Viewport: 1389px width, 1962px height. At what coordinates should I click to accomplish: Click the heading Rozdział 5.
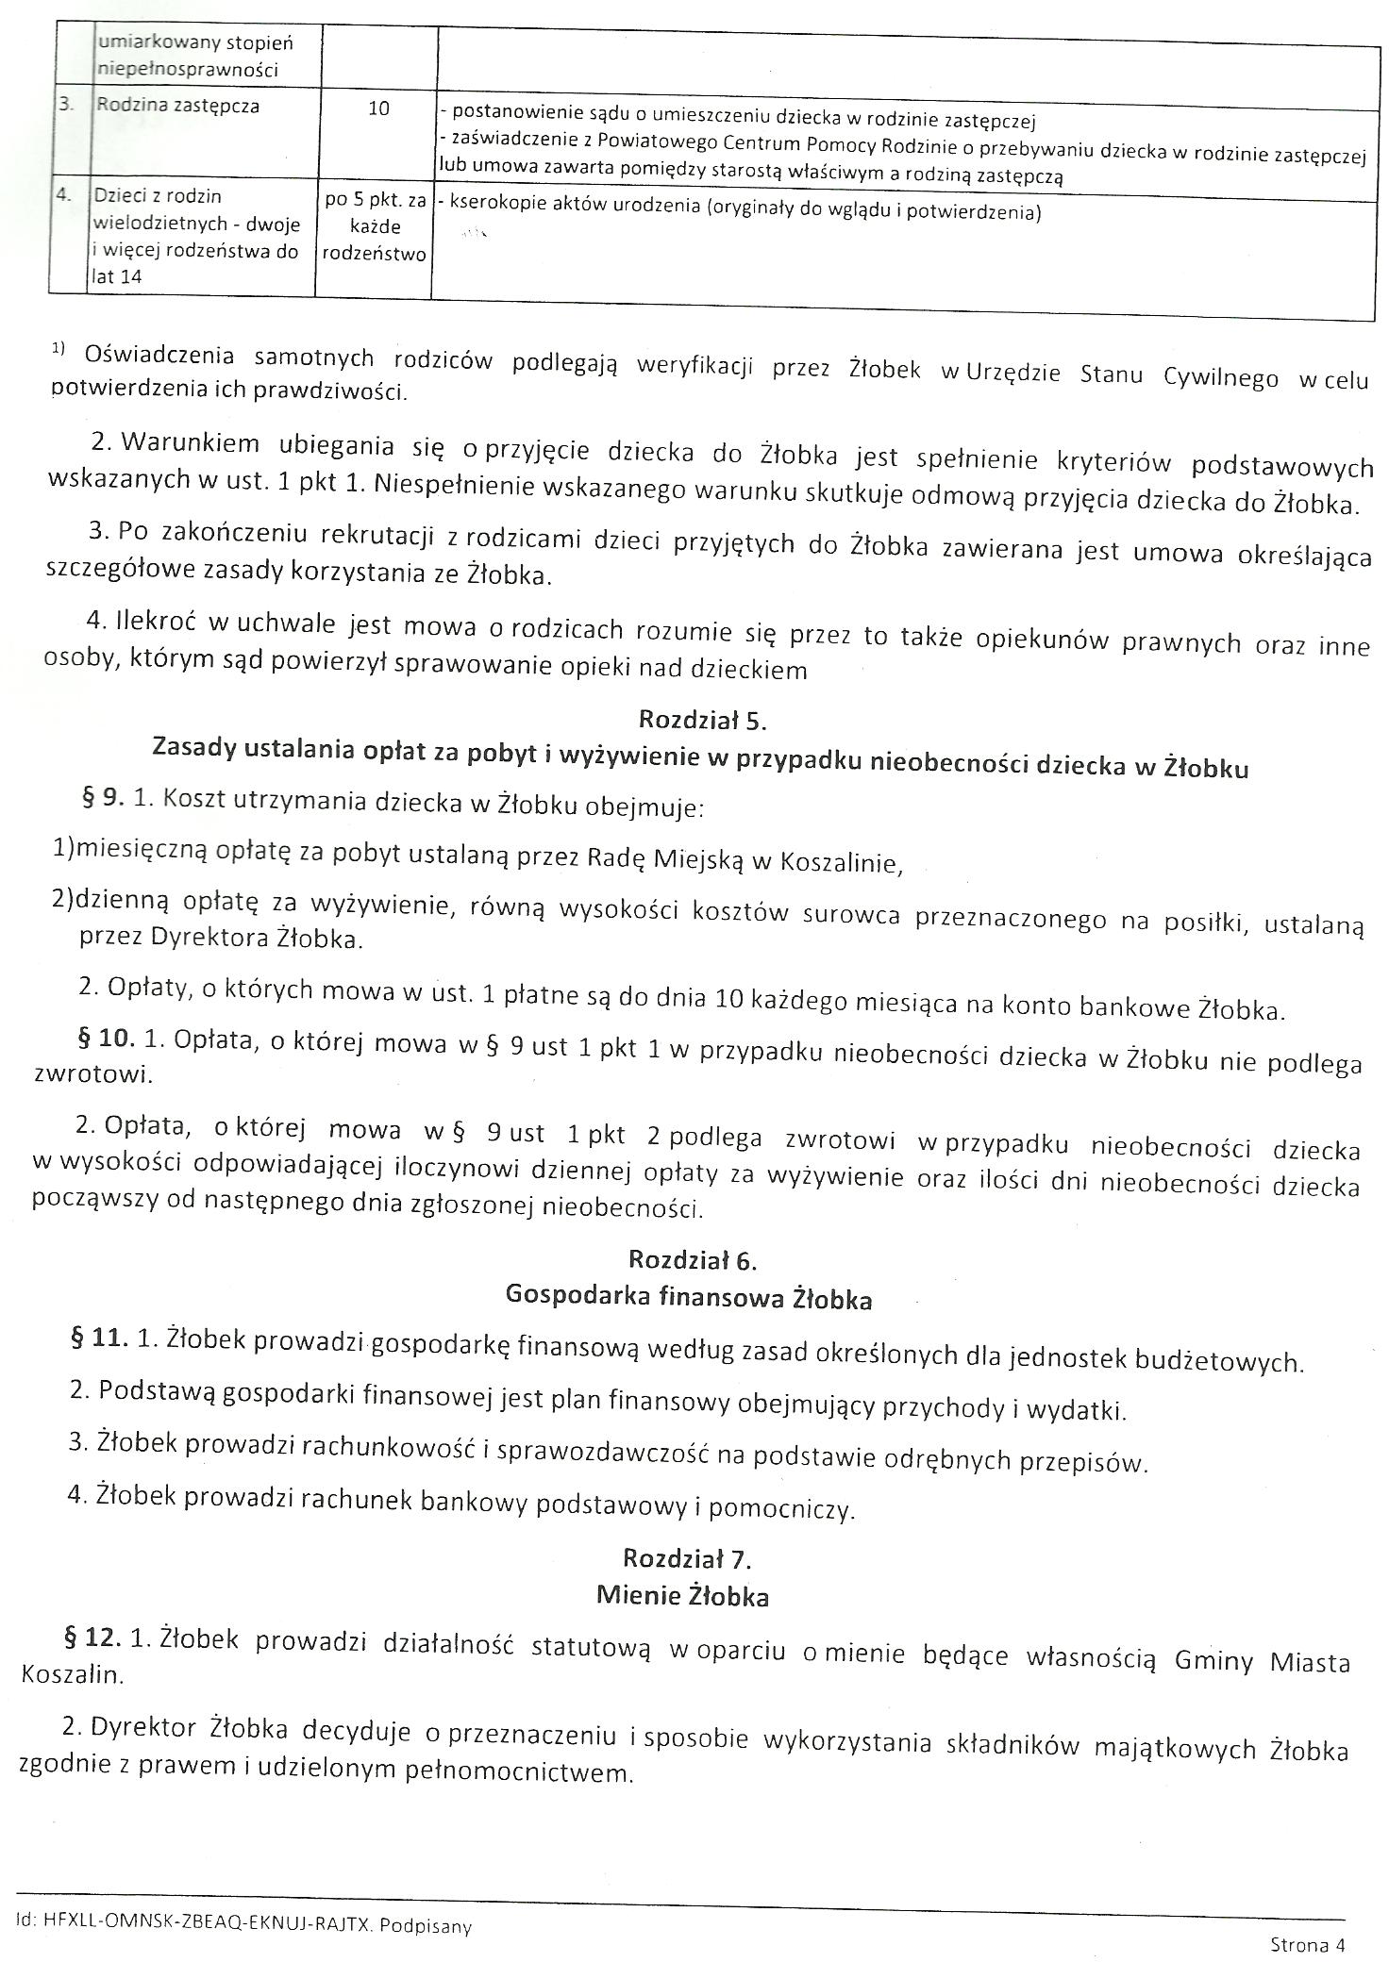[702, 720]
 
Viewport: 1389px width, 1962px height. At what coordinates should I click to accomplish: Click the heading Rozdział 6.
[693, 1260]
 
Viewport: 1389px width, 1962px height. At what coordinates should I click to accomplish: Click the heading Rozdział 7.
[687, 1557]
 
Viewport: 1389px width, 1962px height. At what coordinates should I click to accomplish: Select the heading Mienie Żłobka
[682, 1596]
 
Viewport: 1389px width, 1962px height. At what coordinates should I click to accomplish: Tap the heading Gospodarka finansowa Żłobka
[689, 1298]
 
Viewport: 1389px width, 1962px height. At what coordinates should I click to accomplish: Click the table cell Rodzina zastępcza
[177, 106]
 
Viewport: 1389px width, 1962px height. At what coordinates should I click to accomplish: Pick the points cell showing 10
[377, 108]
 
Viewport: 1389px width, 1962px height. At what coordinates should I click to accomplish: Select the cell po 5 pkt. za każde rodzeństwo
[375, 227]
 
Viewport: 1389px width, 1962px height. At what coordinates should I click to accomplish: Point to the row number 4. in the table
[64, 196]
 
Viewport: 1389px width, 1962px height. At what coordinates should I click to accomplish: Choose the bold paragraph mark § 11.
[99, 1338]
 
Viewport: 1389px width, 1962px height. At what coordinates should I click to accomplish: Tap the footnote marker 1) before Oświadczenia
[59, 349]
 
